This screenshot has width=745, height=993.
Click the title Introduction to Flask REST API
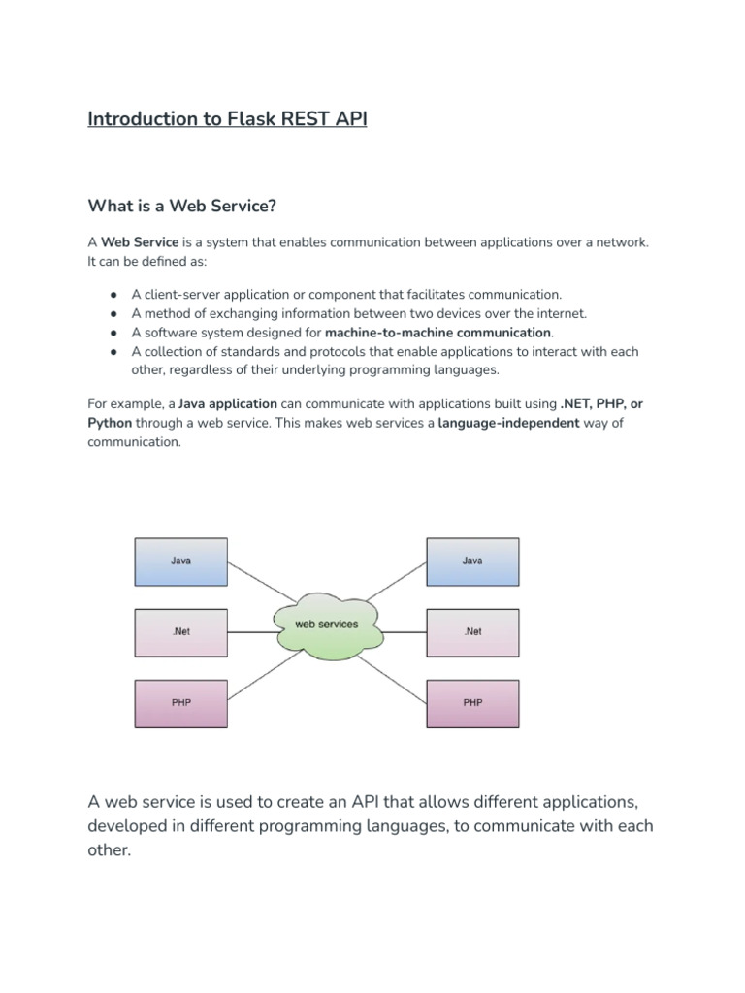(x=227, y=119)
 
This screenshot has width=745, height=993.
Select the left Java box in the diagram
(x=181, y=561)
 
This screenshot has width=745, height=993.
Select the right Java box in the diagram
(x=472, y=561)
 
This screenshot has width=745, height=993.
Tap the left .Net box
(x=181, y=632)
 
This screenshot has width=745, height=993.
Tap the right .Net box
(x=472, y=632)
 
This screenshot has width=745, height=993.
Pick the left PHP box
(x=181, y=703)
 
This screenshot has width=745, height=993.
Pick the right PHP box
(x=472, y=703)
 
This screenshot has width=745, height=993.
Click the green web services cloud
(x=327, y=625)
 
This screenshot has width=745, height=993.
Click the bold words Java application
(x=228, y=404)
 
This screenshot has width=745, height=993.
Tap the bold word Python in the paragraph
(x=110, y=424)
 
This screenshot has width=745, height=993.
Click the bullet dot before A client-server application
(x=113, y=295)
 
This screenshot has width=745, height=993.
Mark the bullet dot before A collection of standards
(x=113, y=352)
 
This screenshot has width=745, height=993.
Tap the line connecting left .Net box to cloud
(x=250, y=632)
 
